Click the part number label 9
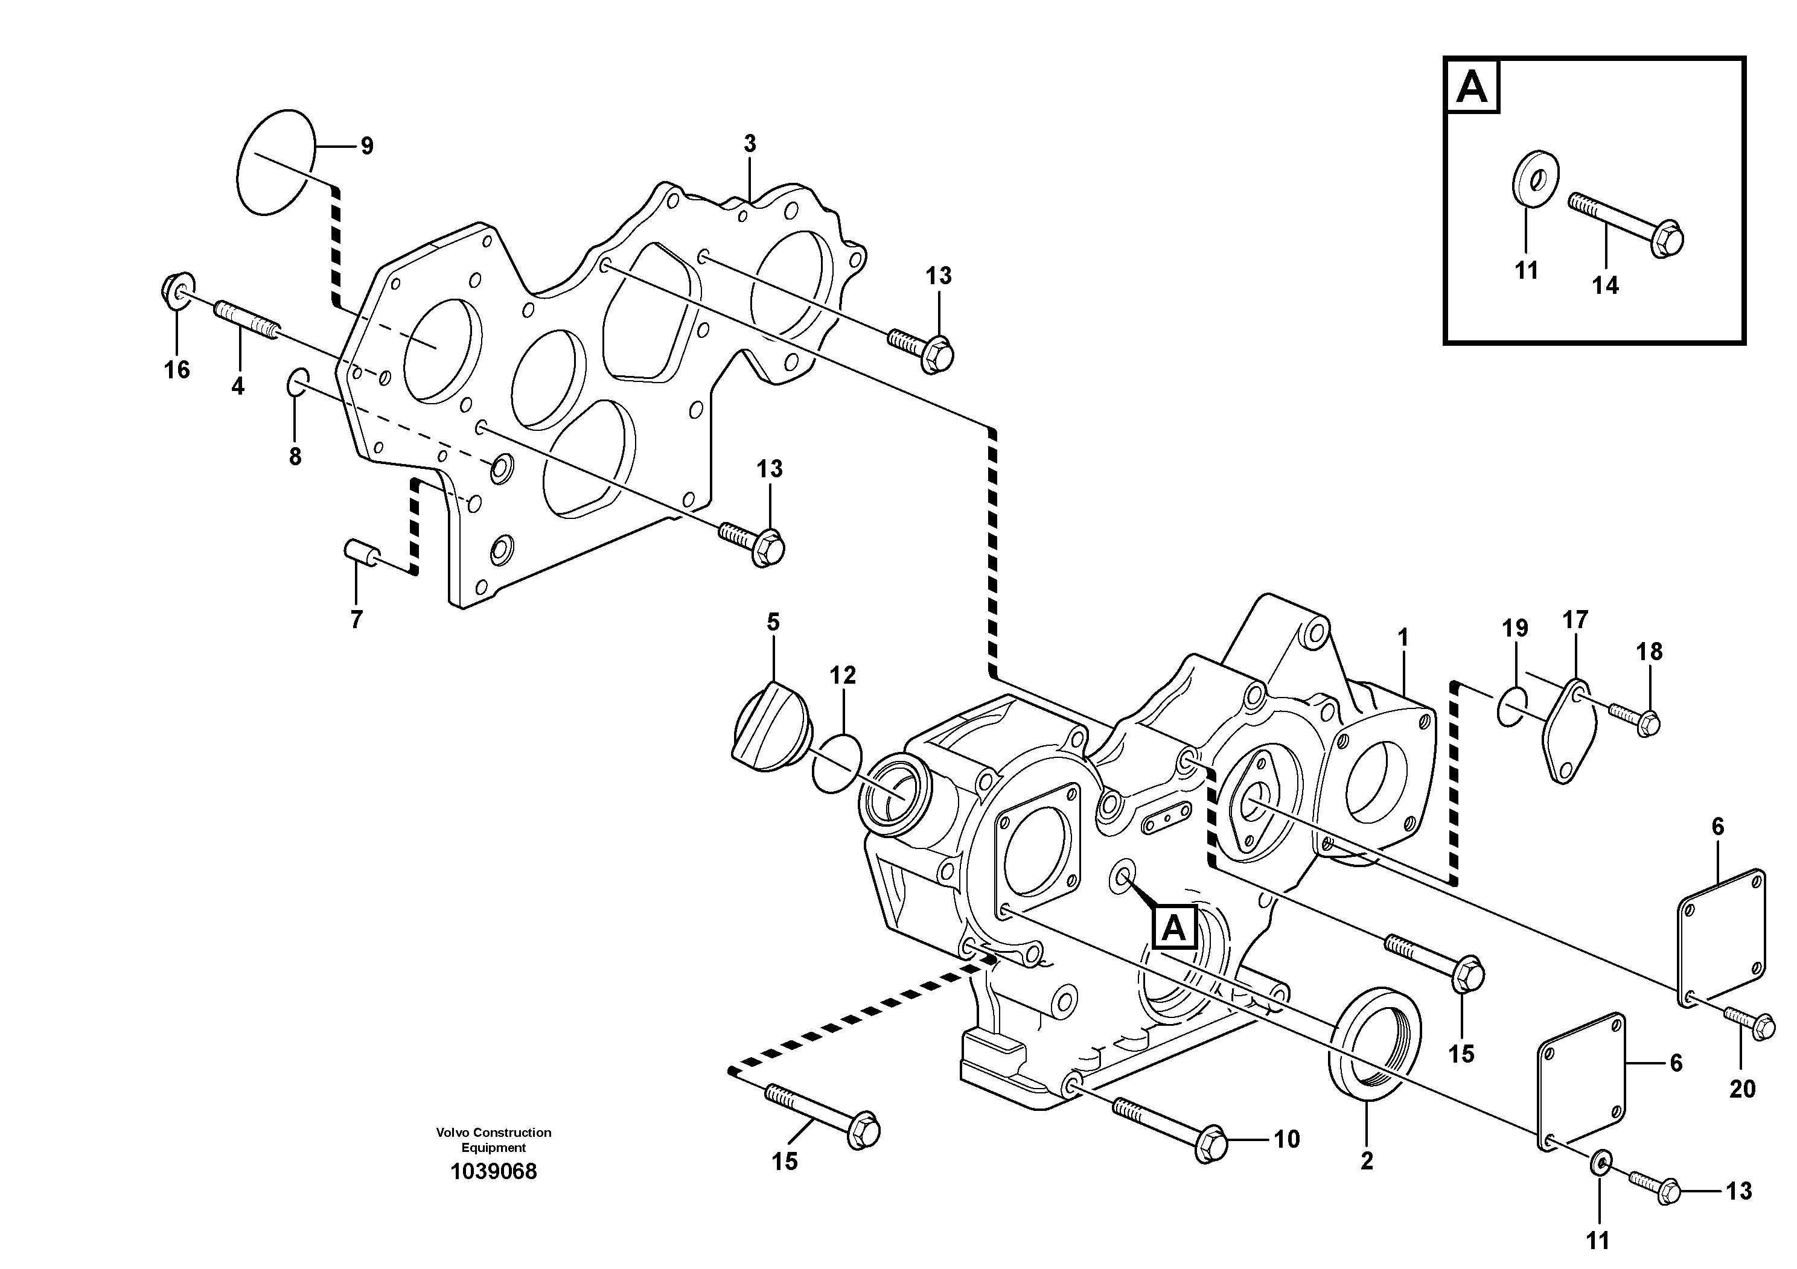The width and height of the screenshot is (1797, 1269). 366,145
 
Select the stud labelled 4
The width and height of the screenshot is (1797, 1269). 246,320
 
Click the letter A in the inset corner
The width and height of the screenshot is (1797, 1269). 1472,87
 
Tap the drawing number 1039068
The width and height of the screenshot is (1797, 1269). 493,1172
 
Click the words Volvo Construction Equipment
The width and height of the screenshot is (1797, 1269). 493,1140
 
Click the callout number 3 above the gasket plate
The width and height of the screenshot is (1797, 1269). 750,144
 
